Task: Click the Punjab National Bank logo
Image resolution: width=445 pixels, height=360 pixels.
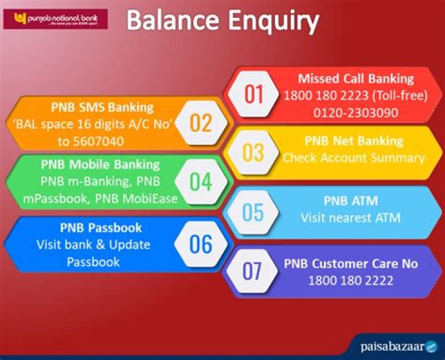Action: [55, 19]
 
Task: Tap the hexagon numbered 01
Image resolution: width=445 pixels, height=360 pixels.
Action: [254, 95]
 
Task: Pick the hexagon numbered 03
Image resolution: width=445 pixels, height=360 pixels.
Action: [253, 152]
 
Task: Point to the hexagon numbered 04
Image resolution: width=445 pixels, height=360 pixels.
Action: [201, 182]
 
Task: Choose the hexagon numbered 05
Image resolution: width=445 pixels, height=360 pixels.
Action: [253, 212]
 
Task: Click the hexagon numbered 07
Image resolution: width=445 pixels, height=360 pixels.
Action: [253, 271]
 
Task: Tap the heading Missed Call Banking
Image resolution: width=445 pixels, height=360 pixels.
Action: [355, 79]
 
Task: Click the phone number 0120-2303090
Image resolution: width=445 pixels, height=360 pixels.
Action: [355, 112]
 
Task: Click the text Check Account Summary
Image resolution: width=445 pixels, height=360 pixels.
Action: [354, 158]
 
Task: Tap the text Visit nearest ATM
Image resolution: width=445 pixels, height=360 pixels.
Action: [350, 218]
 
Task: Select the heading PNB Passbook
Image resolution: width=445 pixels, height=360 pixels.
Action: [101, 228]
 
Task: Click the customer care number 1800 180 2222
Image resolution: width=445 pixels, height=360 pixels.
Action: [350, 280]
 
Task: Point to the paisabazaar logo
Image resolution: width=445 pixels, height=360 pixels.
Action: [398, 345]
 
